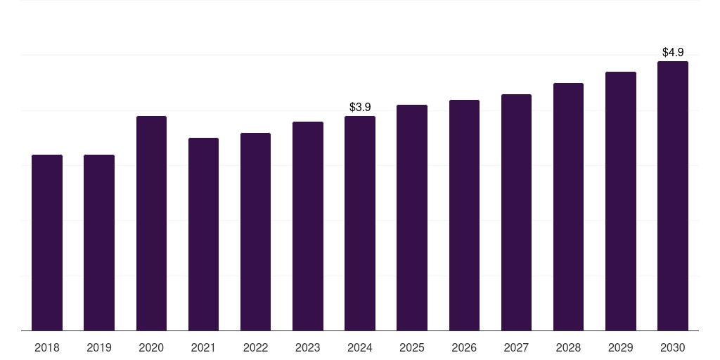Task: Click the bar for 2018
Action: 47,243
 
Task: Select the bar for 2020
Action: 151,223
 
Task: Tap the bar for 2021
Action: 203,234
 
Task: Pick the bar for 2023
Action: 308,226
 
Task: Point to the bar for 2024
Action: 360,223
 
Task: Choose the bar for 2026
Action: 464,215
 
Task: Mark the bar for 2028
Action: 568,207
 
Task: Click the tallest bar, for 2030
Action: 673,195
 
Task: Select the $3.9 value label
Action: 360,107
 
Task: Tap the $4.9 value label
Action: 673,52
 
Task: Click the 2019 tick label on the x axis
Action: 99,347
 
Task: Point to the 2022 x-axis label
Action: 255,347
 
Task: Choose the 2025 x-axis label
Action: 412,347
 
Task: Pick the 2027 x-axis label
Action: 516,347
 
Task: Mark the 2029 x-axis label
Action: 621,347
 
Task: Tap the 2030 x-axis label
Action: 673,347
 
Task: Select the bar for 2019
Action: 99,243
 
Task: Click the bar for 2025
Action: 412,217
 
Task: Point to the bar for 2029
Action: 621,201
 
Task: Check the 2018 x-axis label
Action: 47,347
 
